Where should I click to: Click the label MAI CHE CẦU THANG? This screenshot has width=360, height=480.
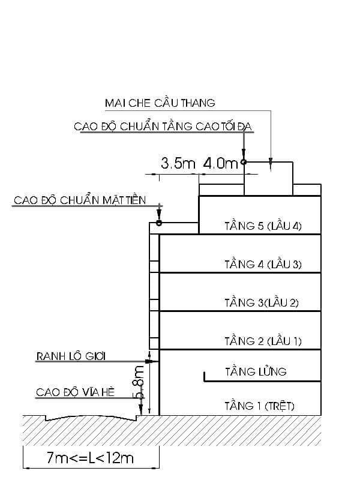click(x=160, y=103)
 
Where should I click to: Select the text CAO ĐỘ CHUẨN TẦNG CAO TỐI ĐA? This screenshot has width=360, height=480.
click(x=162, y=127)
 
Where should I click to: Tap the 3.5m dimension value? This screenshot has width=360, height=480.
click(x=179, y=163)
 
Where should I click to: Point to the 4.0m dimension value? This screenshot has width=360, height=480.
click(x=220, y=163)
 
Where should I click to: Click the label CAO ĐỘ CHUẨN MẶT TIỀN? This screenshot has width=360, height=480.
click(x=79, y=200)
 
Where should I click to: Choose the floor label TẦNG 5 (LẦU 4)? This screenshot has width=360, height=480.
click(x=263, y=226)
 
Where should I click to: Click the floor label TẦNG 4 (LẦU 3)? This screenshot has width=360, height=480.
click(x=263, y=265)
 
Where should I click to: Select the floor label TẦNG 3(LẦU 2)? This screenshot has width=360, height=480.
click(x=262, y=303)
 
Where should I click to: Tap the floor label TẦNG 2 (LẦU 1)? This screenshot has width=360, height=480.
click(x=263, y=341)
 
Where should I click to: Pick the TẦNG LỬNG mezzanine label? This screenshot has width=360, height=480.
click(x=256, y=372)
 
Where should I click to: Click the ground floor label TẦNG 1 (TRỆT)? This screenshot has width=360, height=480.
click(x=259, y=406)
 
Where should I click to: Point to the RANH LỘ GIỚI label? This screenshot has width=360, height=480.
click(x=71, y=356)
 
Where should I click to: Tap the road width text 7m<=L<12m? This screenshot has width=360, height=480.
click(x=90, y=458)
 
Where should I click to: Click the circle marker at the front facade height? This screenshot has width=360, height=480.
click(x=159, y=223)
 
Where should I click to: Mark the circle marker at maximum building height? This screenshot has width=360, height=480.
click(x=244, y=161)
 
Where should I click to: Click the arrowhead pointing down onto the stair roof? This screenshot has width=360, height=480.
click(x=271, y=161)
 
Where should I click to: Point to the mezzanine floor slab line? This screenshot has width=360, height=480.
click(x=240, y=380)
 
